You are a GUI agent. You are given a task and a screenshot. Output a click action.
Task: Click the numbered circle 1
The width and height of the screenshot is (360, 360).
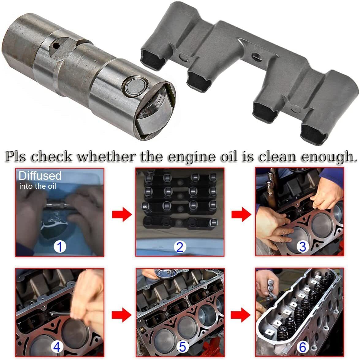pyautogui.click(x=60, y=246)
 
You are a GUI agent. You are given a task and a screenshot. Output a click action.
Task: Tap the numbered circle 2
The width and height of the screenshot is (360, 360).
pyautogui.click(x=180, y=247)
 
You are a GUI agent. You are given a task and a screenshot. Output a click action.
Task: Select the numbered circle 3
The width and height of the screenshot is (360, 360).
pyautogui.click(x=302, y=246)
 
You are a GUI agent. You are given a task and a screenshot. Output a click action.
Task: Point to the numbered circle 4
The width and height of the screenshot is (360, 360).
pyautogui.click(x=57, y=347)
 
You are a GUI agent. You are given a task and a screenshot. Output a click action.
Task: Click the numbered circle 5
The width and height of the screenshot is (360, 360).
pyautogui.click(x=182, y=347)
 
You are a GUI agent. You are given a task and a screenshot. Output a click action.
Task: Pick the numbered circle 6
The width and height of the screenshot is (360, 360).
pyautogui.click(x=302, y=347)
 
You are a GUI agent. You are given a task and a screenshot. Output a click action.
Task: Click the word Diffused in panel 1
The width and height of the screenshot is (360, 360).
pyautogui.click(x=40, y=176)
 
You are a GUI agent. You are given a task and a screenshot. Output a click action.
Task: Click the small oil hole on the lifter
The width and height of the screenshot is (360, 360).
pyautogui.click(x=55, y=45)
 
